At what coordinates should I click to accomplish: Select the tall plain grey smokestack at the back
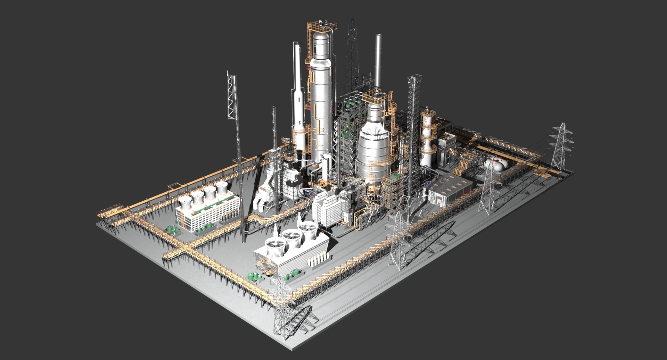[378, 59]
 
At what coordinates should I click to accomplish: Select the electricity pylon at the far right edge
[560, 146]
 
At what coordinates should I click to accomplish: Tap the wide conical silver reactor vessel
[373, 149]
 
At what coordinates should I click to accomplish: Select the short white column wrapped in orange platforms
[427, 139]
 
